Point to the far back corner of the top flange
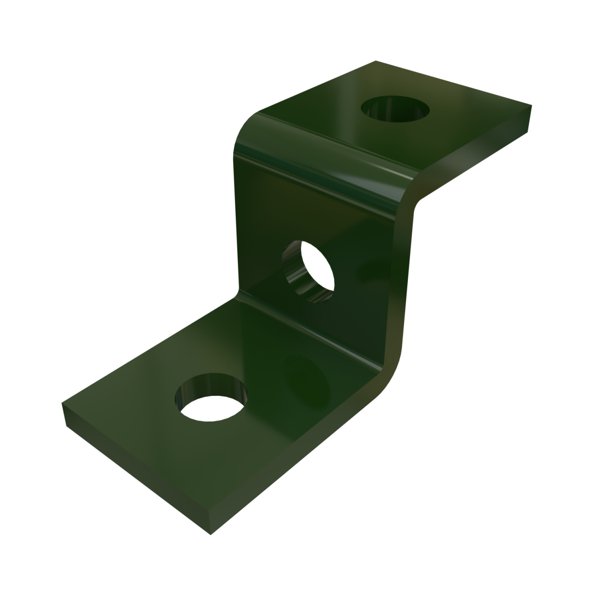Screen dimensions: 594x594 [x=375, y=61]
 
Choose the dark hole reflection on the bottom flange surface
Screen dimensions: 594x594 [x=309, y=376]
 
